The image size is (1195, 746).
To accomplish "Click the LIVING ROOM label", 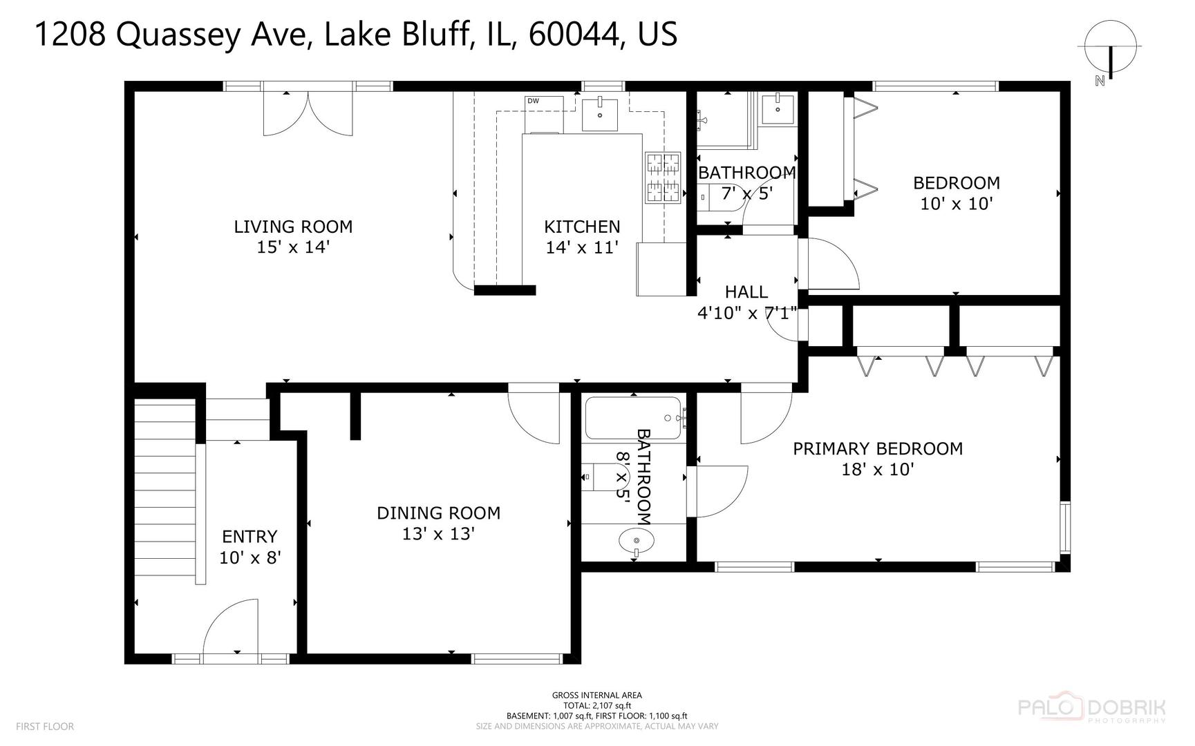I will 293,227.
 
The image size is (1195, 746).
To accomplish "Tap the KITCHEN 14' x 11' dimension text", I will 581,247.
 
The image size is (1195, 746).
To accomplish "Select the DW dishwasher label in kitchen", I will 533,101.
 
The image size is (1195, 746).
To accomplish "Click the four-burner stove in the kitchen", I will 663,178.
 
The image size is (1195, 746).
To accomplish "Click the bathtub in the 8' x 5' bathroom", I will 633,419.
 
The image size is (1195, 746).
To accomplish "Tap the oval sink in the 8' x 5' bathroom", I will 637,541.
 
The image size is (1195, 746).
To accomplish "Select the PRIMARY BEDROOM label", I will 877,449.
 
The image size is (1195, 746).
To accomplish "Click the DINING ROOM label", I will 438,513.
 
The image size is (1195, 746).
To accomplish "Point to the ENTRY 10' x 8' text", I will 250,557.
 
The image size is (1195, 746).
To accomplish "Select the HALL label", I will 746,292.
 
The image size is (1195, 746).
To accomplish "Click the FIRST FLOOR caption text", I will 44,727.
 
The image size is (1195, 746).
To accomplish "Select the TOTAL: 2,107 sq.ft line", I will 596,706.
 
